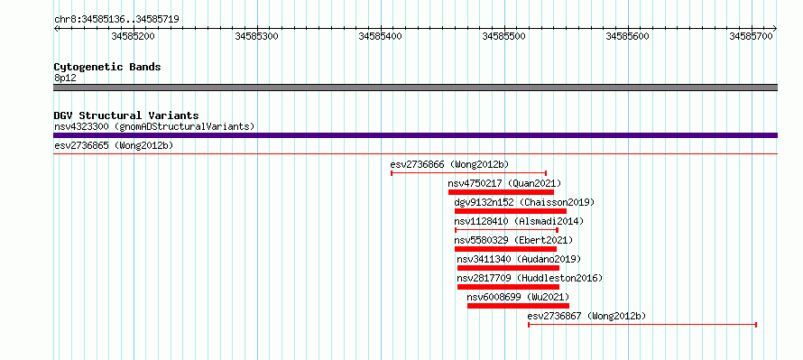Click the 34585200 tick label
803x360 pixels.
pyautogui.click(x=133, y=36)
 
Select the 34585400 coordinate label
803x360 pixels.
pyautogui.click(x=380, y=36)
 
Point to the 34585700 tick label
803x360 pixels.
pyautogui.click(x=751, y=36)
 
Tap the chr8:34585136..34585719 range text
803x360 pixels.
pyautogui.click(x=116, y=20)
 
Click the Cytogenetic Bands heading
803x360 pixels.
pyautogui.click(x=107, y=67)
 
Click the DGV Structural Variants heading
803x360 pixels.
pyautogui.click(x=126, y=115)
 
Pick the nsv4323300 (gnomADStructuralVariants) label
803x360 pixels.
pyautogui.click(x=154, y=126)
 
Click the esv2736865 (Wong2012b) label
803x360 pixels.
pyautogui.click(x=114, y=146)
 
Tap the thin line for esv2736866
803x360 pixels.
pyautogui.click(x=468, y=173)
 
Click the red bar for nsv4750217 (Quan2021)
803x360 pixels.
pyautogui.click(x=501, y=192)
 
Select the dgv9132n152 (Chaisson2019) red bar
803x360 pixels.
pyautogui.click(x=511, y=211)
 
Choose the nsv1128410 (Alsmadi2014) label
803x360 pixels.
pyautogui.click(x=519, y=221)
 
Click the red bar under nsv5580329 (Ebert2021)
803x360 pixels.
pyautogui.click(x=505, y=249)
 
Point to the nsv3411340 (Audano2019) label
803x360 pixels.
pyautogui.click(x=520, y=259)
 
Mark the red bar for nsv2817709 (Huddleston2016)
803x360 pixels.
pyautogui.click(x=508, y=287)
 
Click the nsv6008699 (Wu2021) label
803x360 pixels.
pyautogui.click(x=518, y=297)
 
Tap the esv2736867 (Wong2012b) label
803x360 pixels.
pyautogui.click(x=586, y=316)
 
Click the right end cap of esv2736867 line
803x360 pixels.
pyautogui.click(x=756, y=325)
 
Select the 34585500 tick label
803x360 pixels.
pyautogui.click(x=504, y=36)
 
